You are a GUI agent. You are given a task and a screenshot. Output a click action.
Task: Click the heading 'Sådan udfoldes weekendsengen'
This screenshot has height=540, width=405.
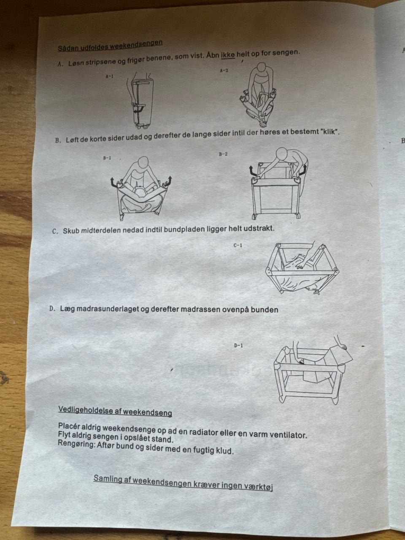tap(110, 46)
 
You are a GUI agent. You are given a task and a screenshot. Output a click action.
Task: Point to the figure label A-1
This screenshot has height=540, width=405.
tap(109, 76)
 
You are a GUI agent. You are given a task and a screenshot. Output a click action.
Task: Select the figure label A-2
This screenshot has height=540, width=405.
tap(224, 70)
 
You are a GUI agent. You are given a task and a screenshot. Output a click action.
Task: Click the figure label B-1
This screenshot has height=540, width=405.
tap(107, 158)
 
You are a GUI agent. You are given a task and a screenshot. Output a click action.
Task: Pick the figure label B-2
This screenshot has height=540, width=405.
tap(223, 154)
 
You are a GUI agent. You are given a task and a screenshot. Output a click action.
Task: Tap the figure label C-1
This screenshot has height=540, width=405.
tap(238, 245)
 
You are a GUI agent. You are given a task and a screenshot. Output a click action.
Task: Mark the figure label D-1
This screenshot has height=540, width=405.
tap(238, 346)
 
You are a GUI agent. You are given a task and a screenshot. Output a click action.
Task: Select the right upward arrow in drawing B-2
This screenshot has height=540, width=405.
tap(303, 170)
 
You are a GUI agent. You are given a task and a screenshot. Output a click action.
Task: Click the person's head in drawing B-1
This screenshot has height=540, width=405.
tap(143, 163)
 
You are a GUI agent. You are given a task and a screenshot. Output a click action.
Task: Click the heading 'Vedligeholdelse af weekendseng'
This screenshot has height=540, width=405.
tap(115, 411)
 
